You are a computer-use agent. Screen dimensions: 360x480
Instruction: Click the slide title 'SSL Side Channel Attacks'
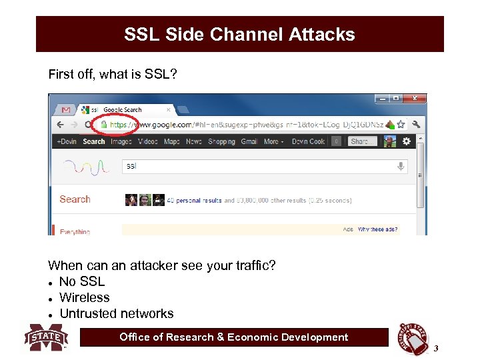(x=239, y=35)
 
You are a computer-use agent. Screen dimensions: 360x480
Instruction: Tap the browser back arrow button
(x=60, y=125)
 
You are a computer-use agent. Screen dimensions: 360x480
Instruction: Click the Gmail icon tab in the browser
(x=65, y=109)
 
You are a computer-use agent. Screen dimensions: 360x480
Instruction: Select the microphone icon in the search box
(x=401, y=166)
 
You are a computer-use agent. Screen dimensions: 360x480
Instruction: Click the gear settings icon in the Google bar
(x=406, y=141)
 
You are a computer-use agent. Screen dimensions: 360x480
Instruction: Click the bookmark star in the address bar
(x=401, y=124)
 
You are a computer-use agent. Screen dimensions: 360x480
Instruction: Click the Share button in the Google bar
(x=363, y=141)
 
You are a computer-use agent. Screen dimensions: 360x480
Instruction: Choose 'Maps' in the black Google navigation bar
(x=171, y=141)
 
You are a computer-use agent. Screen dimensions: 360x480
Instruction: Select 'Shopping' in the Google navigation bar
(x=221, y=141)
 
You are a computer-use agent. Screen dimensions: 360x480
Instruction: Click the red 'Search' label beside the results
(x=75, y=199)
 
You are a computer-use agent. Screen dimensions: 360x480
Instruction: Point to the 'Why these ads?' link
(x=378, y=229)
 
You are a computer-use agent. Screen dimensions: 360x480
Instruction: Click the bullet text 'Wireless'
(x=85, y=297)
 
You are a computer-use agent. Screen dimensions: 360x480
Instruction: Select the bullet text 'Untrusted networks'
(x=117, y=313)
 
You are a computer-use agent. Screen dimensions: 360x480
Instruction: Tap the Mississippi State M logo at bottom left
(x=46, y=337)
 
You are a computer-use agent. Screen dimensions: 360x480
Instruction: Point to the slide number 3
(x=436, y=349)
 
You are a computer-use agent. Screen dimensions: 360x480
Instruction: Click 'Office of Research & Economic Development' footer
(x=233, y=337)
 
